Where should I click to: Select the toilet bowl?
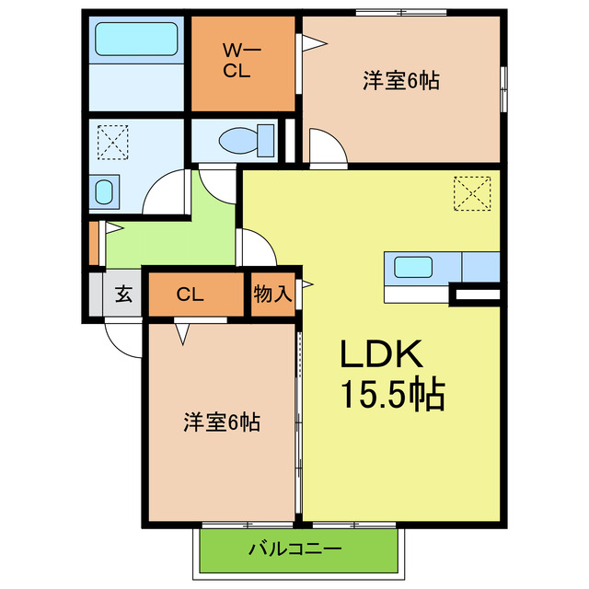pyautogui.click(x=237, y=141)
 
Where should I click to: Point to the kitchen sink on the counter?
pyautogui.click(x=413, y=267)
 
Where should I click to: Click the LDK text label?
pyautogui.click(x=382, y=355)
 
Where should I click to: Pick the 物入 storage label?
pyautogui.click(x=272, y=294)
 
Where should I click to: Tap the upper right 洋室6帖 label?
pyautogui.click(x=399, y=81)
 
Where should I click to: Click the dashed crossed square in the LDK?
pyautogui.click(x=472, y=193)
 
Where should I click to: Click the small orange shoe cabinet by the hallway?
pyautogui.click(x=94, y=242)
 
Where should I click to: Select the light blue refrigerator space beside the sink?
pyautogui.click(x=480, y=266)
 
